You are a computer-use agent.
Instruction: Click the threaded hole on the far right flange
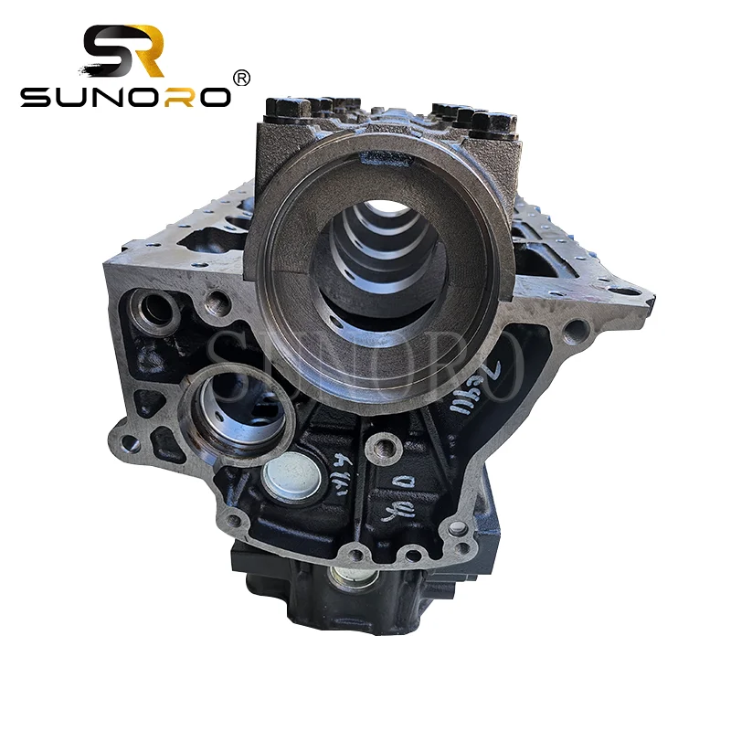pos(577,328)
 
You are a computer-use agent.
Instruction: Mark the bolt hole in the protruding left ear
pos(131,444)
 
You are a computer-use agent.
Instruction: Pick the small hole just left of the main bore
pos(217,302)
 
